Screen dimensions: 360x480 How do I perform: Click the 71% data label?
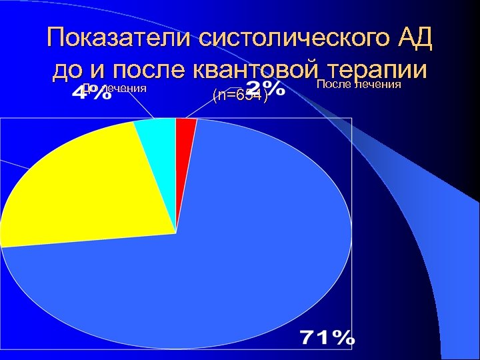click(x=327, y=338)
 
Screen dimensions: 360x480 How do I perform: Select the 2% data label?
click(x=265, y=89)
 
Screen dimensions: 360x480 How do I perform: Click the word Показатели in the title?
click(x=118, y=39)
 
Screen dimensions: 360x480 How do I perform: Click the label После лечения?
click(x=358, y=84)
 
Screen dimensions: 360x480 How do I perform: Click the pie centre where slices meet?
click(x=176, y=233)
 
